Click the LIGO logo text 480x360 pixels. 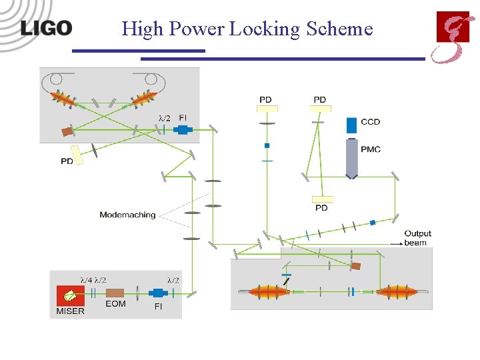[x=46, y=27]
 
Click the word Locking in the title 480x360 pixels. [x=265, y=29]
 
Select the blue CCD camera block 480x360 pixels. [x=351, y=125]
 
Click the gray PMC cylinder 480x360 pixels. [x=352, y=157]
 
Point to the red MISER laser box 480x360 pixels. [x=69, y=294]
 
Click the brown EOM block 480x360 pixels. [x=115, y=293]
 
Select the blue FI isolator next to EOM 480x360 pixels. [x=159, y=293]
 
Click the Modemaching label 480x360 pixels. [x=127, y=215]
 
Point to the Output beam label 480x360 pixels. [x=417, y=238]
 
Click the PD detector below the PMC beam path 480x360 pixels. [x=321, y=199]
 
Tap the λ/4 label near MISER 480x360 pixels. [x=86, y=280]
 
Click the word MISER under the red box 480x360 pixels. [x=70, y=311]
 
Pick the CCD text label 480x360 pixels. [x=370, y=122]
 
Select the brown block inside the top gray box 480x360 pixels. [x=68, y=131]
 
